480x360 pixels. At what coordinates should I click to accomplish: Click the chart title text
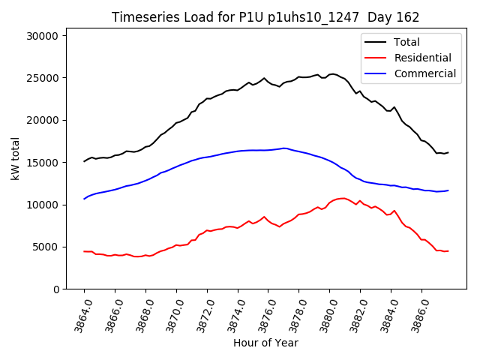(x=265, y=17)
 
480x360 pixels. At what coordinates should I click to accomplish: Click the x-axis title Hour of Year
(x=265, y=343)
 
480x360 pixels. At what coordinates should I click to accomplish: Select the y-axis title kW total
(x=15, y=162)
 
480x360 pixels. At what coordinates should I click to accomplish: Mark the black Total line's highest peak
(x=332, y=74)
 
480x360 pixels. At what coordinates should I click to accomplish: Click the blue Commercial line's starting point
(x=84, y=199)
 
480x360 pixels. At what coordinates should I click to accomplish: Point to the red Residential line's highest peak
(x=342, y=198)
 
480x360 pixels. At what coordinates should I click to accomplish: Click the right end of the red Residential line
(x=448, y=250)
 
